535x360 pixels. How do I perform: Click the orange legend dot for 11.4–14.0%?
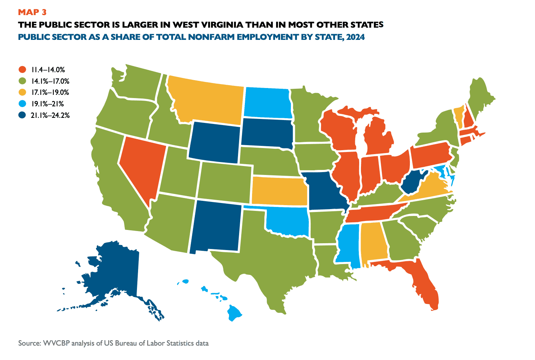coord(22,70)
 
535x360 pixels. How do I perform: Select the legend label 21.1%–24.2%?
coord(50,115)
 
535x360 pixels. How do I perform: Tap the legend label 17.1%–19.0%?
coord(50,92)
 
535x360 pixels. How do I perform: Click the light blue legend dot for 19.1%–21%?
coord(22,104)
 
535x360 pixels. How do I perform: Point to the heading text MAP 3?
coord(32,13)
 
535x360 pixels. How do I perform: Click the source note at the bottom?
coord(113,343)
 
